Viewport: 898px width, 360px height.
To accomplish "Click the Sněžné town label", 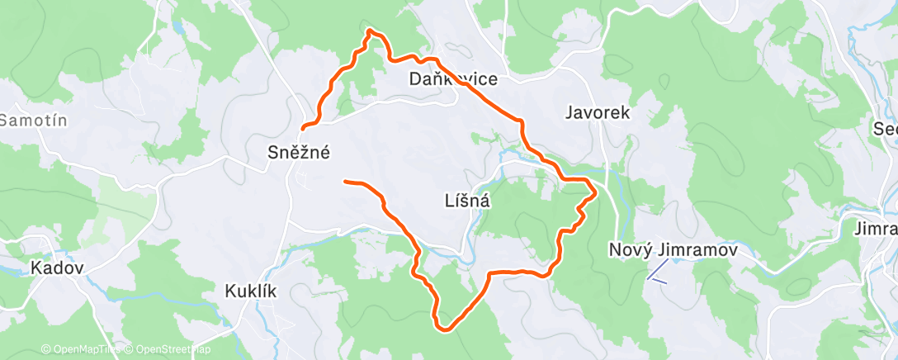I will point(299,152).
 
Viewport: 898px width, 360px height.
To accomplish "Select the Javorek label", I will point(598,113).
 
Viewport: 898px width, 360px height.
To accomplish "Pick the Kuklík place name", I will point(250,291).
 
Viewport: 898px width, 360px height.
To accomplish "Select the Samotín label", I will point(33,121).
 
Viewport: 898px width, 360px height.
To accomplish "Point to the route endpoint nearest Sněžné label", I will point(304,128).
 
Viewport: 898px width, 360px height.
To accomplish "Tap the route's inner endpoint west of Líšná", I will point(345,181).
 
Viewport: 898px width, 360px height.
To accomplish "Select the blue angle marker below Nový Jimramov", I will point(657,272).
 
